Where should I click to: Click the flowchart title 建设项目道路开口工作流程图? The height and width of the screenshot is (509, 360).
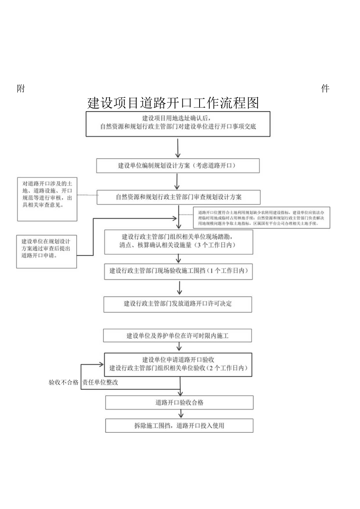click(x=173, y=103)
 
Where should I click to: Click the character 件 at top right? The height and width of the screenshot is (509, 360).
click(x=325, y=89)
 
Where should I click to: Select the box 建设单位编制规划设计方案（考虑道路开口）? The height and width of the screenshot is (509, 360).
click(x=178, y=165)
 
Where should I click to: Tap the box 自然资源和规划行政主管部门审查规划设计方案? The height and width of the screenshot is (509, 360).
click(x=178, y=197)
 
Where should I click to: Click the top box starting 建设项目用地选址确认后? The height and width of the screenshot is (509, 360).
click(x=178, y=124)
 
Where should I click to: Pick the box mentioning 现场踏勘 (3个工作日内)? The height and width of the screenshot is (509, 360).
click(x=178, y=241)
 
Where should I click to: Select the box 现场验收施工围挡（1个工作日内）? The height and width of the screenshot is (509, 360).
click(x=178, y=271)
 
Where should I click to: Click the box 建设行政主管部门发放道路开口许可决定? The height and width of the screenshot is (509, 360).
click(x=178, y=304)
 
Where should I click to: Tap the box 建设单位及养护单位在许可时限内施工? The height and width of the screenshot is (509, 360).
click(x=178, y=336)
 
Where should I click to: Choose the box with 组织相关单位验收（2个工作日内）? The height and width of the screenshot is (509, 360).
click(x=178, y=364)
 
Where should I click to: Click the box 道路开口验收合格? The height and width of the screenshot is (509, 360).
click(x=179, y=403)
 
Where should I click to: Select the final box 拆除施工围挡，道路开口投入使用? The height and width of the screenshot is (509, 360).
click(x=179, y=426)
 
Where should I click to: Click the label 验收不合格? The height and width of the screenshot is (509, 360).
click(x=63, y=383)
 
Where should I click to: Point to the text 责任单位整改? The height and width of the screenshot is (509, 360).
click(x=100, y=383)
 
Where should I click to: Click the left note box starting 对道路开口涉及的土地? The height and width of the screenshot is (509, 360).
click(x=47, y=199)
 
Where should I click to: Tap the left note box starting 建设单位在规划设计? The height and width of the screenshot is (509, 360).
click(x=46, y=252)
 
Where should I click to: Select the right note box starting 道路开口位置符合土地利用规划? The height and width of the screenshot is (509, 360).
click(x=261, y=218)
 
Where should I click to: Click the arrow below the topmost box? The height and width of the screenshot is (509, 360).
click(x=178, y=148)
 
